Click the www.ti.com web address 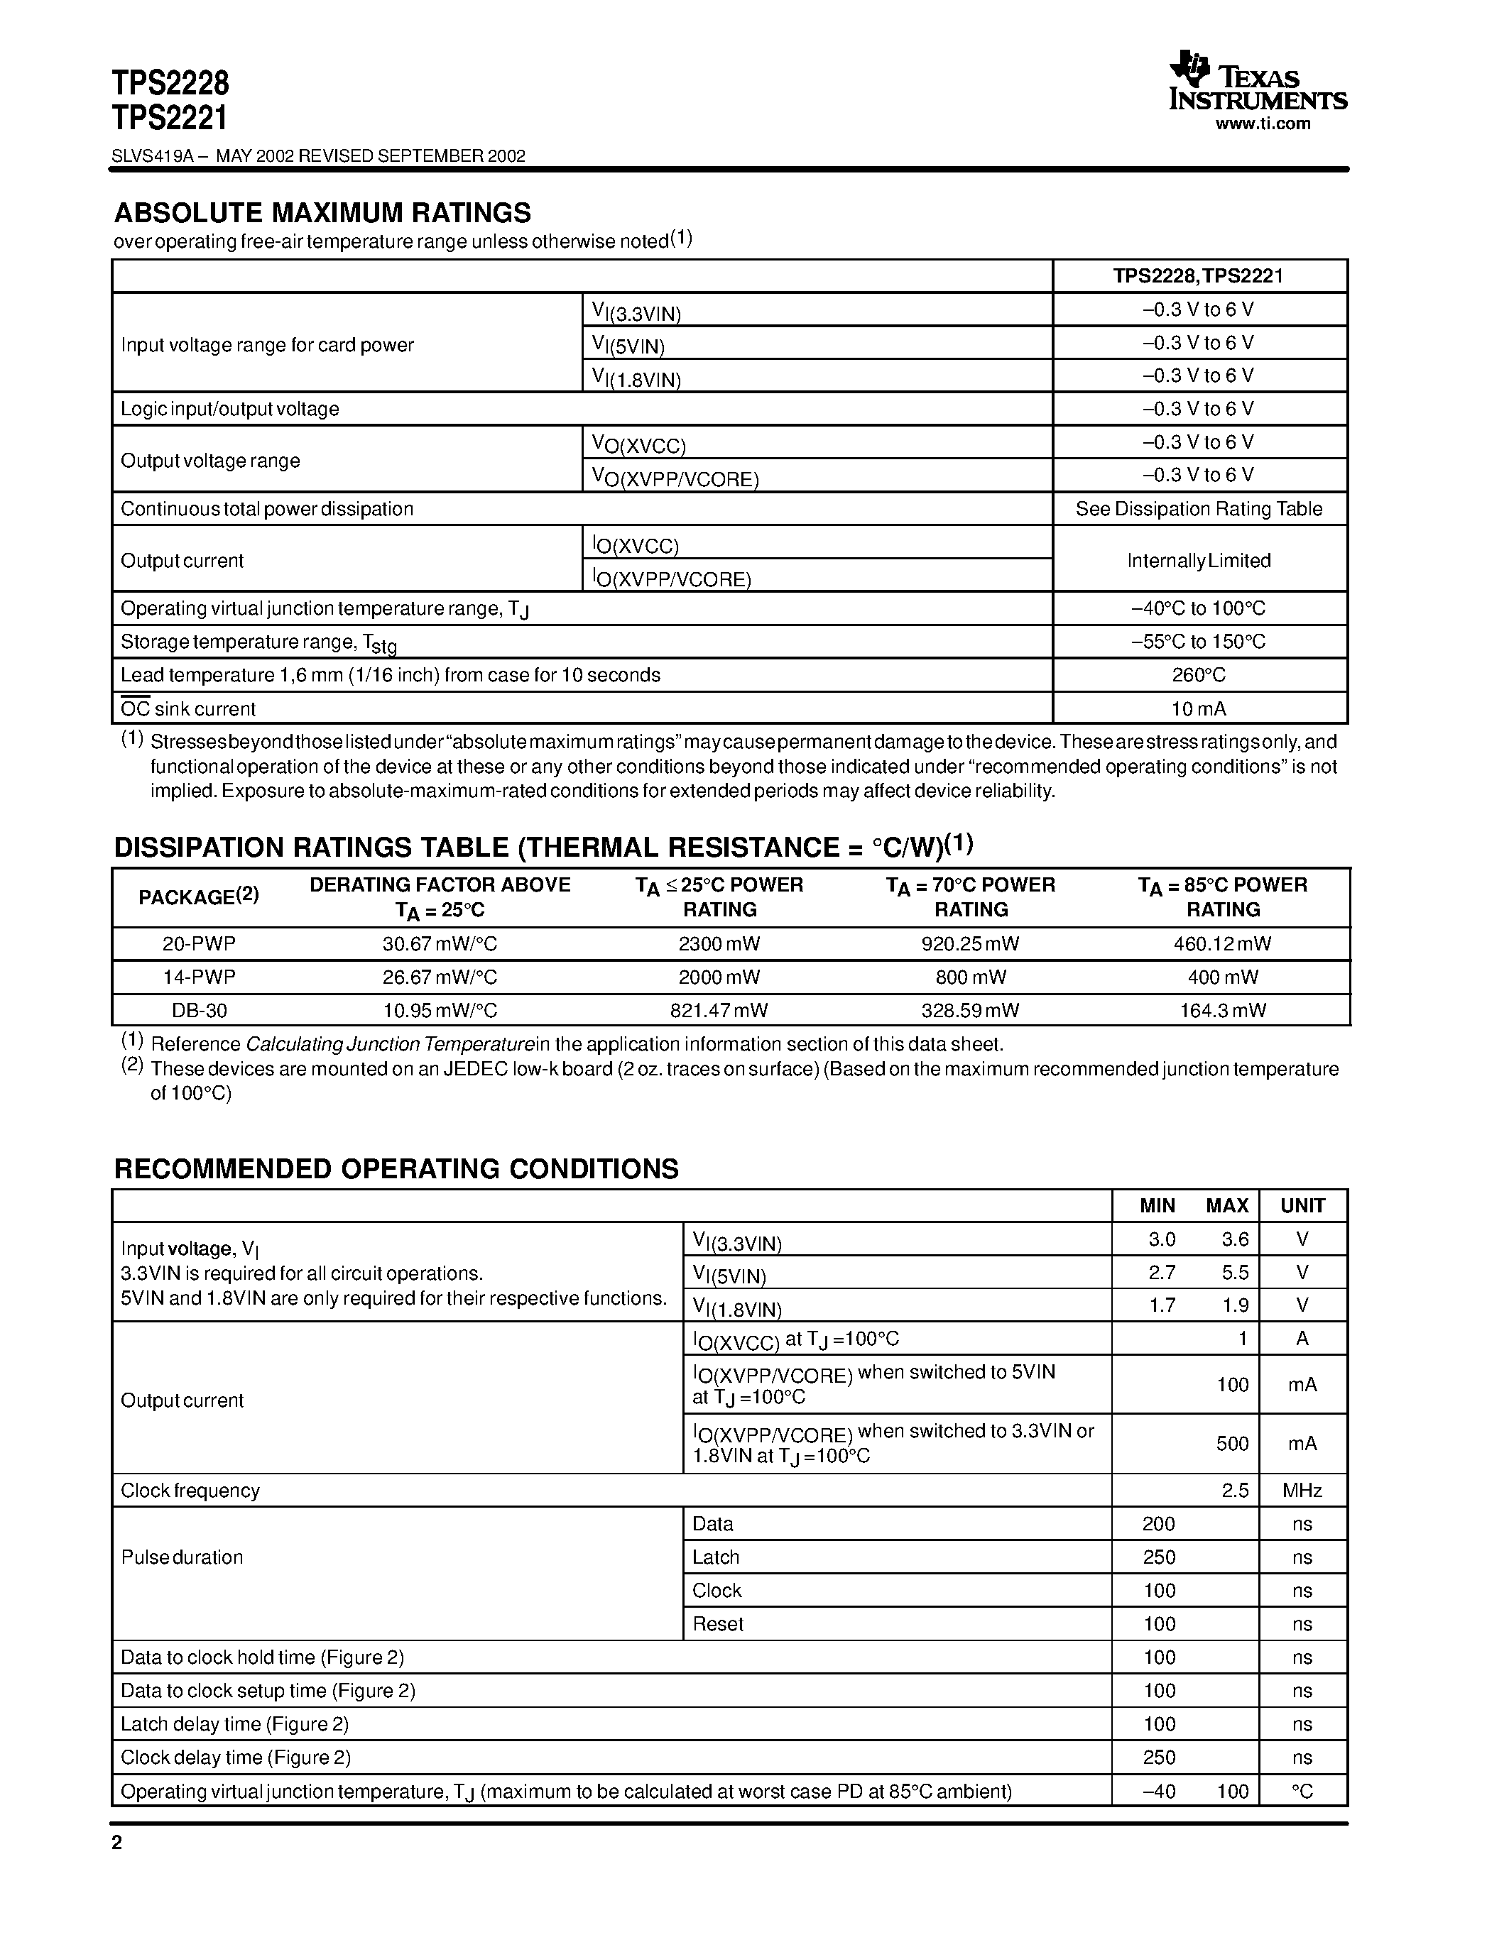tap(1263, 124)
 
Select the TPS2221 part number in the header tap(170, 118)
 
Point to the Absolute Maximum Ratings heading tap(322, 213)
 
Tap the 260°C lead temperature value tap(1199, 675)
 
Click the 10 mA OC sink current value tap(1199, 709)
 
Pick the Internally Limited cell tap(1199, 560)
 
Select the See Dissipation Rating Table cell tap(1199, 508)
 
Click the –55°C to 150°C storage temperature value tap(1199, 642)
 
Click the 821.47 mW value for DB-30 tap(719, 1010)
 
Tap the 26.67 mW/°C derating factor tap(440, 977)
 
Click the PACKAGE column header tap(198, 897)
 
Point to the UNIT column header tap(1302, 1206)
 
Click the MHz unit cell tap(1302, 1490)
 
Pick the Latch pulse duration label tap(715, 1557)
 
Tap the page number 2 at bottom tap(117, 1843)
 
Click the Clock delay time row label tap(236, 1758)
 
